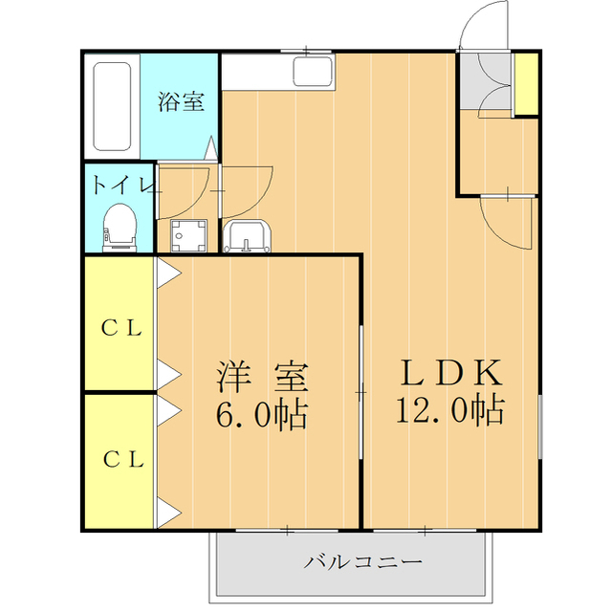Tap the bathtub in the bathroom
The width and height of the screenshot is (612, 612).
tap(112, 107)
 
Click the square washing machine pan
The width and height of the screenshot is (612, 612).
tap(187, 234)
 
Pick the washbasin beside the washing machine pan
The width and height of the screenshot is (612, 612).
tap(248, 235)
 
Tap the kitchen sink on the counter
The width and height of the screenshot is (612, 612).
tap(313, 73)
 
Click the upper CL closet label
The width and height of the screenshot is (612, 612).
tap(122, 328)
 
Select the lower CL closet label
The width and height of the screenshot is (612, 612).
tap(122, 459)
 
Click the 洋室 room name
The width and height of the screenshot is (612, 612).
tap(262, 377)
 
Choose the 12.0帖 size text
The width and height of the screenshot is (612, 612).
tap(449, 410)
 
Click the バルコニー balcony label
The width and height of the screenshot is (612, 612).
tap(362, 561)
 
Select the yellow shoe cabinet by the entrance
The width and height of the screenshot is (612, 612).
tap(525, 85)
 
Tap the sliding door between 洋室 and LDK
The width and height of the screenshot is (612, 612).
tap(361, 392)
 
